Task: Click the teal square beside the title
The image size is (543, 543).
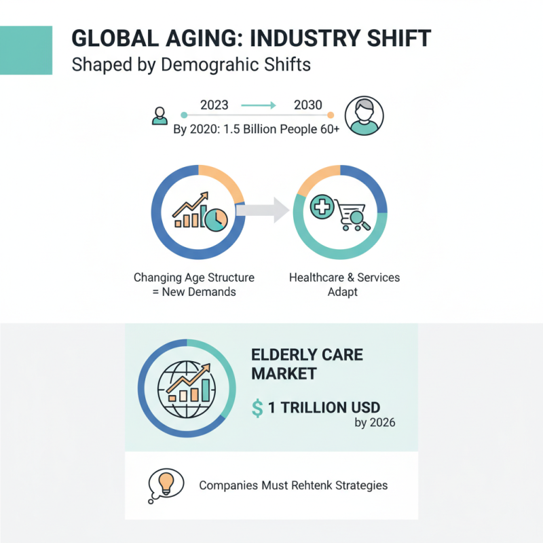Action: click(x=26, y=50)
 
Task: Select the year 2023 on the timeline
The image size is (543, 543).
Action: click(x=214, y=105)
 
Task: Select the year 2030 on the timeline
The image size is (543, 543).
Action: click(x=307, y=105)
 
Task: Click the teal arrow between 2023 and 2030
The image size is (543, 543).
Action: click(x=259, y=105)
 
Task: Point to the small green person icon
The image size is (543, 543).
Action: click(x=160, y=115)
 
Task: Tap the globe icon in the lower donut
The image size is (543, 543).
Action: click(x=176, y=384)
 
